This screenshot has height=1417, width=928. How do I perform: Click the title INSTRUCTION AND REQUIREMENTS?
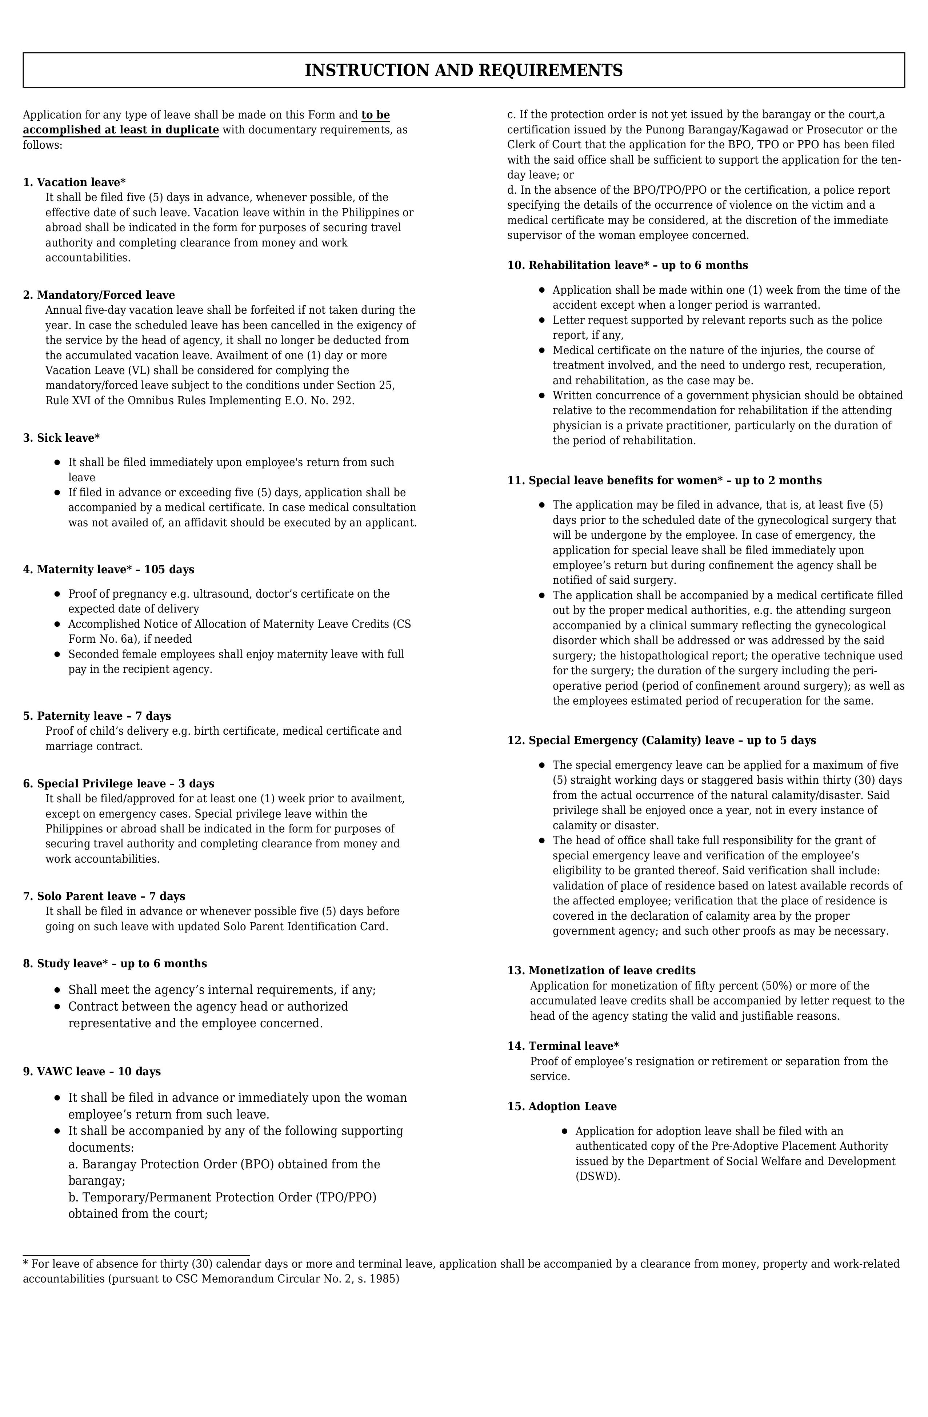(x=463, y=70)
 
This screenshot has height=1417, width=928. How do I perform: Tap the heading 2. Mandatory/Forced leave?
(x=99, y=295)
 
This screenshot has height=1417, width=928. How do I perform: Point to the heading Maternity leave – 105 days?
(x=108, y=570)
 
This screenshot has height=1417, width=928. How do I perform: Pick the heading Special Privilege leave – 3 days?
(x=119, y=784)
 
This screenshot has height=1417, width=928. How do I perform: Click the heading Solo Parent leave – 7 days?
(x=104, y=897)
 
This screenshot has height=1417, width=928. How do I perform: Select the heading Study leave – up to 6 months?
(x=115, y=964)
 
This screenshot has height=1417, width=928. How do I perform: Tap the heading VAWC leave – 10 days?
(x=92, y=1072)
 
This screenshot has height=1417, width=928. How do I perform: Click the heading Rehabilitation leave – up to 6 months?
(x=627, y=265)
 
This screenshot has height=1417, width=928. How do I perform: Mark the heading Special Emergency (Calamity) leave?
(x=661, y=740)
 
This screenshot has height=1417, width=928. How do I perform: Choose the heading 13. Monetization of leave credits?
(x=601, y=971)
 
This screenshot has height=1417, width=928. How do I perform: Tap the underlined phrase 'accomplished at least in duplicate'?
(x=121, y=130)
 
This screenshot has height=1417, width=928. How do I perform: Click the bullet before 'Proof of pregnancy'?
(x=57, y=594)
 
